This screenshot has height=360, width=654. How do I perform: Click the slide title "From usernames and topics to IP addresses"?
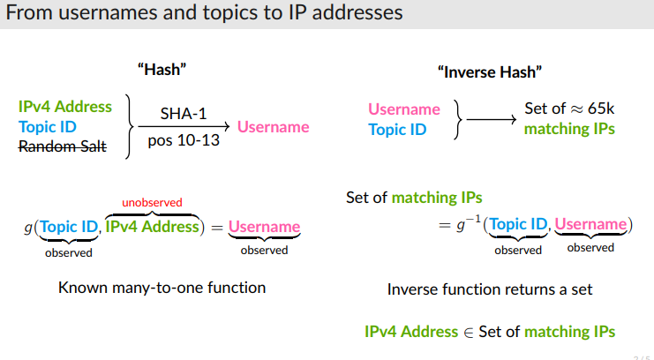[x=204, y=13]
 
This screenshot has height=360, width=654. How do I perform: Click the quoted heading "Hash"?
[x=162, y=69]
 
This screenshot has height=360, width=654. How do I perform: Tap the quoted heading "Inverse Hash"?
[x=489, y=71]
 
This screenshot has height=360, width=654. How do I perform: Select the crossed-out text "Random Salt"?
[x=62, y=146]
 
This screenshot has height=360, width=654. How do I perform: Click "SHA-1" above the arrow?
[x=183, y=113]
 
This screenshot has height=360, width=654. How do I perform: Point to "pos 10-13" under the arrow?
[x=184, y=140]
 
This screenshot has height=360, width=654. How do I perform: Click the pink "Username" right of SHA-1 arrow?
[x=273, y=127]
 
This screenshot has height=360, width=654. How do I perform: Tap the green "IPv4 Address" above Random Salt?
[x=65, y=107]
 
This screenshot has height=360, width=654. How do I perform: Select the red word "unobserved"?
[x=152, y=202]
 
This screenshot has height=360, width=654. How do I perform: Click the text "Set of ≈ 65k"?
[x=569, y=109]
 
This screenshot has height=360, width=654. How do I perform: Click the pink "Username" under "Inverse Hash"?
[x=403, y=109]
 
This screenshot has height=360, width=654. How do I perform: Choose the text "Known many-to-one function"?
[x=162, y=288]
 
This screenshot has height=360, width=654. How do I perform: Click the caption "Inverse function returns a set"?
[x=490, y=289]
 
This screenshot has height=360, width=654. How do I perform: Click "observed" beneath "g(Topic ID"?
[x=69, y=252]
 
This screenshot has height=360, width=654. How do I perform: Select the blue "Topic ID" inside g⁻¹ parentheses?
[x=517, y=224]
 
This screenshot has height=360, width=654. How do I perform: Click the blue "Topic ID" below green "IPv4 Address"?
[x=48, y=126]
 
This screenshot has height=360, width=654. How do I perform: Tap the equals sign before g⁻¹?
[x=445, y=226]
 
